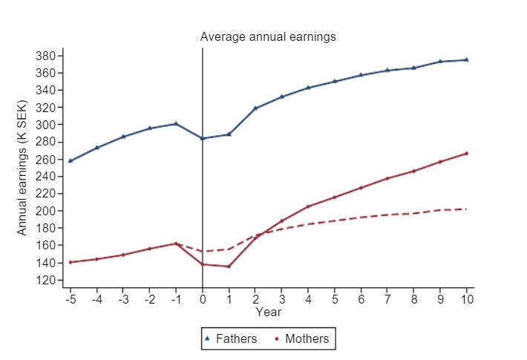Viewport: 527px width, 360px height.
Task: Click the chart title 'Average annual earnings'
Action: click(268, 36)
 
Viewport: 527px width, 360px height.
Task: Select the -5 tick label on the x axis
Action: click(70, 299)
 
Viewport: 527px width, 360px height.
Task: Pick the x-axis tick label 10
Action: click(467, 299)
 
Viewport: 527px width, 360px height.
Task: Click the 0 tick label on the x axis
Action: click(203, 299)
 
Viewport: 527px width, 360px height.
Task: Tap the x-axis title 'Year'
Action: click(268, 312)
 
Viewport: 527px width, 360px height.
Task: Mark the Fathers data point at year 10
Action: click(467, 59)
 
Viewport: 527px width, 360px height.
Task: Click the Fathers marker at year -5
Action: click(71, 160)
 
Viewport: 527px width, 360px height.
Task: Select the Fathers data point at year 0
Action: click(203, 138)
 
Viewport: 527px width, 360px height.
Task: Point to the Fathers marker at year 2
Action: click(255, 108)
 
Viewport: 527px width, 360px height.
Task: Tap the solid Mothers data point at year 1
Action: click(229, 266)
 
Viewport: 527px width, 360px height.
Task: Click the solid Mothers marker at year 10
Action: click(467, 154)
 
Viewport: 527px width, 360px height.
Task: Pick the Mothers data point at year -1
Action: click(176, 243)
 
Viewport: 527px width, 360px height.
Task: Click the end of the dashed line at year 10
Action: click(467, 209)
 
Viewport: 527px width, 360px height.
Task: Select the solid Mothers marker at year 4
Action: click(308, 206)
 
